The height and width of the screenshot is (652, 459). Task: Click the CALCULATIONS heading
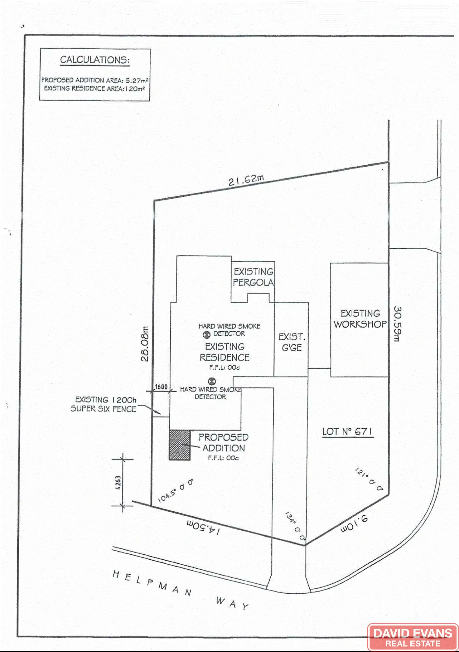(x=95, y=60)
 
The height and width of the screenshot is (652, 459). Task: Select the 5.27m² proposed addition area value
(x=137, y=80)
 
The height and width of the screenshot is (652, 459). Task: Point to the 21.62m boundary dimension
(x=246, y=180)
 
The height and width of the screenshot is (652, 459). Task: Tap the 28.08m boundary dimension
(x=145, y=343)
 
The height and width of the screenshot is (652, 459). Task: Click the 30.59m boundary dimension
(x=397, y=324)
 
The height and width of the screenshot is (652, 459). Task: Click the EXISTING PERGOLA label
(x=253, y=277)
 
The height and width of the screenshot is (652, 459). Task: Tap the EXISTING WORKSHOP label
(x=360, y=319)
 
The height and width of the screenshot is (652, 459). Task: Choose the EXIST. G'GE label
(x=292, y=342)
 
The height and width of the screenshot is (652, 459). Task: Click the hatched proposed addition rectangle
(x=180, y=445)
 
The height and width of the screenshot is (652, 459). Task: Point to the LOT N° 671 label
(x=347, y=432)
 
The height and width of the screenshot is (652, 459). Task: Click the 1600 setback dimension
(x=161, y=387)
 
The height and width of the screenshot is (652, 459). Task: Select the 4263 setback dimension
(x=118, y=483)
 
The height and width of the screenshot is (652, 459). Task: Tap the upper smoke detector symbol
(x=206, y=335)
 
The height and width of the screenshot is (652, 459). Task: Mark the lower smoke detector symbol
(x=212, y=381)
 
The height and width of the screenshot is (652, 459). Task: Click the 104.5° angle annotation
(x=175, y=491)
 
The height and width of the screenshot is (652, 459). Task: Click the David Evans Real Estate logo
(x=413, y=637)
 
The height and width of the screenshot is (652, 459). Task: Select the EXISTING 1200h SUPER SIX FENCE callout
(x=104, y=404)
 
